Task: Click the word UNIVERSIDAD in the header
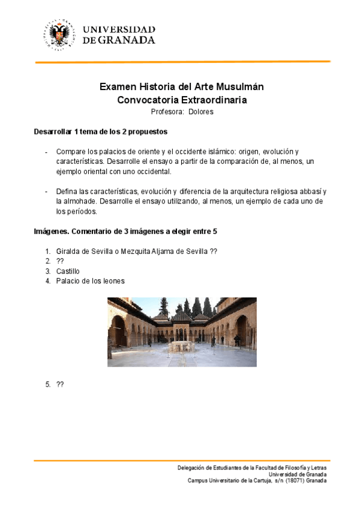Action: point(119,29)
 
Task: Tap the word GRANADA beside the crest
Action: point(127,40)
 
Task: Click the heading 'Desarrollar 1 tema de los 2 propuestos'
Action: point(100,131)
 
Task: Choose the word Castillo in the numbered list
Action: point(68,271)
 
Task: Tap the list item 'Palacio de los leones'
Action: point(91,281)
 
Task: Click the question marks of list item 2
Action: point(60,262)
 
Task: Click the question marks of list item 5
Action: point(60,384)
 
